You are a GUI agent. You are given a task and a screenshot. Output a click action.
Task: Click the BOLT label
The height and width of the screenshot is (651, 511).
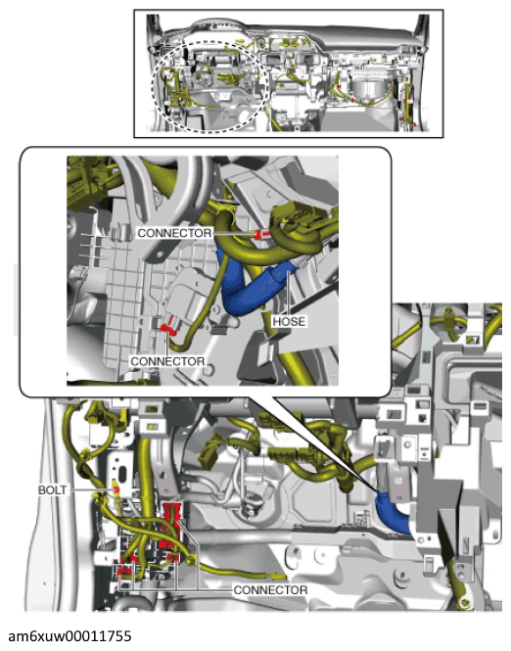52,489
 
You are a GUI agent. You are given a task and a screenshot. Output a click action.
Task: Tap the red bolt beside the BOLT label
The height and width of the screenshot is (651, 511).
116,490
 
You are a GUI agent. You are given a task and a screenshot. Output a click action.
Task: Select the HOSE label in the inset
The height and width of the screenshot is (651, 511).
290,321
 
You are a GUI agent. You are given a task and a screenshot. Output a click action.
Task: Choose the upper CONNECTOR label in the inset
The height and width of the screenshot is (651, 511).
174,233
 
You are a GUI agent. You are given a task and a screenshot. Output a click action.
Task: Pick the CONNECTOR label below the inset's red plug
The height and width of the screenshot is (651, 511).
167,361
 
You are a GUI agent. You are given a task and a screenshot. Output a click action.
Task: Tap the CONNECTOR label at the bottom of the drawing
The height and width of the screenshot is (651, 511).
270,590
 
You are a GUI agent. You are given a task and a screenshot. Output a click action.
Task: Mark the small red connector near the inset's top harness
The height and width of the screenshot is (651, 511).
261,235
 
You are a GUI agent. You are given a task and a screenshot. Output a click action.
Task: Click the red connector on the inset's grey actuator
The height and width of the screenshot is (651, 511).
167,328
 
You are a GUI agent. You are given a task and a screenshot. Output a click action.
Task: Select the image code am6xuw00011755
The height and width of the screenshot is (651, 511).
70,636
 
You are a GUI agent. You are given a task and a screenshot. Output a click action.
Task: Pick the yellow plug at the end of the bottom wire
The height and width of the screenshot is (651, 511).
278,577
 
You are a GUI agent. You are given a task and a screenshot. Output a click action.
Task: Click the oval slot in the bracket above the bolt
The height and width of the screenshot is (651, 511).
123,473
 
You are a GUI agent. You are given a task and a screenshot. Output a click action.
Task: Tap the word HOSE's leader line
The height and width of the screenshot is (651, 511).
289,293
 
